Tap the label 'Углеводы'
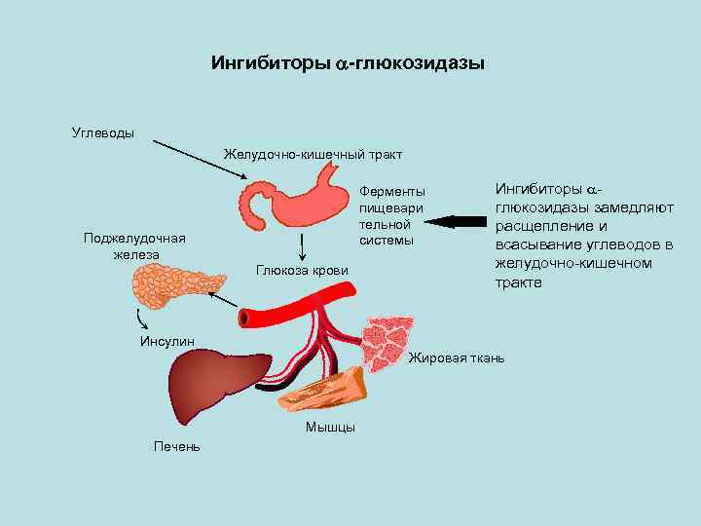pos(104,132)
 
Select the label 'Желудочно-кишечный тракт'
pos(313,154)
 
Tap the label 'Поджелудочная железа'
pos(135,246)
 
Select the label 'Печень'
pos(177,446)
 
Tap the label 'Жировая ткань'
pos(457,358)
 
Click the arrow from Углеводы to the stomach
pos(200,161)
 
